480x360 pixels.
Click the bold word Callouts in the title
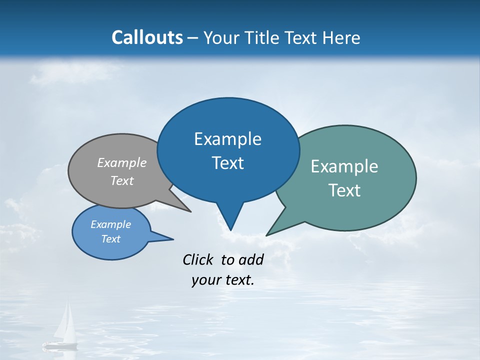click(147, 38)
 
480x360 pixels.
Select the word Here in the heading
click(341, 38)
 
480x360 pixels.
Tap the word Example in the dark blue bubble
click(227, 139)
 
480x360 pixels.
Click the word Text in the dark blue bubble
click(227, 163)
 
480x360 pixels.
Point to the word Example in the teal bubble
click(344, 166)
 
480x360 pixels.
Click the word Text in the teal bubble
click(344, 190)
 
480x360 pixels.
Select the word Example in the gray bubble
click(121, 163)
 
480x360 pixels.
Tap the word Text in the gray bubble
click(121, 181)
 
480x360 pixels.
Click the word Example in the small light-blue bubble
click(110, 224)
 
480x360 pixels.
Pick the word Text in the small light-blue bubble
click(110, 239)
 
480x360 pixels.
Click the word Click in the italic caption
click(197, 259)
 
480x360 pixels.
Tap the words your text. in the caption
click(223, 280)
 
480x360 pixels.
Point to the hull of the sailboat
click(60, 344)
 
